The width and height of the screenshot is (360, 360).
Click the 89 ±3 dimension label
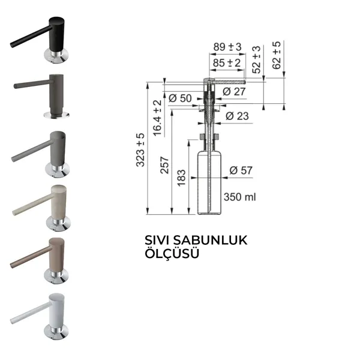pyautogui.click(x=227, y=47)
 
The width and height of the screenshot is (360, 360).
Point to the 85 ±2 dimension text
pyautogui.click(x=227, y=62)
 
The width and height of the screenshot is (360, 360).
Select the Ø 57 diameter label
pyautogui.click(x=241, y=170)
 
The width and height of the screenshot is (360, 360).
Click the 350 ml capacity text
pyautogui.click(x=239, y=197)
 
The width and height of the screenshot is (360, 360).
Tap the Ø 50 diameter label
pyautogui.click(x=180, y=98)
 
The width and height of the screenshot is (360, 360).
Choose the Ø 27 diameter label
pyautogui.click(x=234, y=92)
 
